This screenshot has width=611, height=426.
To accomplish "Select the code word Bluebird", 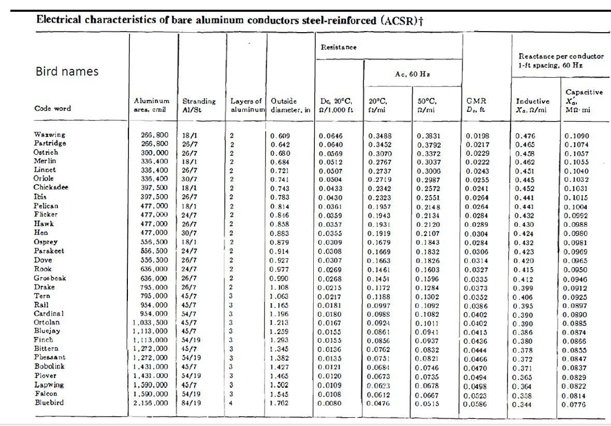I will pyautogui.click(x=49, y=403).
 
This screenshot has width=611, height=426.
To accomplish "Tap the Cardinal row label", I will pyautogui.click(x=49, y=314).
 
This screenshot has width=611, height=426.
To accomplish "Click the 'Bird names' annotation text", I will pyautogui.click(x=67, y=71).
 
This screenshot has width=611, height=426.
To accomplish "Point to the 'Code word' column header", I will pyautogui.click(x=52, y=109).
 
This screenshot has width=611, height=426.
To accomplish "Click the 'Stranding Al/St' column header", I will pyautogui.click(x=199, y=105).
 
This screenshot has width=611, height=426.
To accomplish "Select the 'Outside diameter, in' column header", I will pyautogui.click(x=290, y=105).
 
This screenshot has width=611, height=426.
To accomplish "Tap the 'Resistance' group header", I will pyautogui.click(x=339, y=47).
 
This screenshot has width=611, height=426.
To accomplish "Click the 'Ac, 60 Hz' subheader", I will pyautogui.click(x=413, y=74).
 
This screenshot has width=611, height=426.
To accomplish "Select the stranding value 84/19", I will pyautogui.click(x=192, y=403).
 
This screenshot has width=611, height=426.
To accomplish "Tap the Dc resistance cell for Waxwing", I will pyautogui.click(x=331, y=136).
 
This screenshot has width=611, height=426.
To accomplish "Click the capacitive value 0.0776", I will pyautogui.click(x=576, y=403).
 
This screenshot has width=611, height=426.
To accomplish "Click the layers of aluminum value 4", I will pyautogui.click(x=231, y=403).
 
